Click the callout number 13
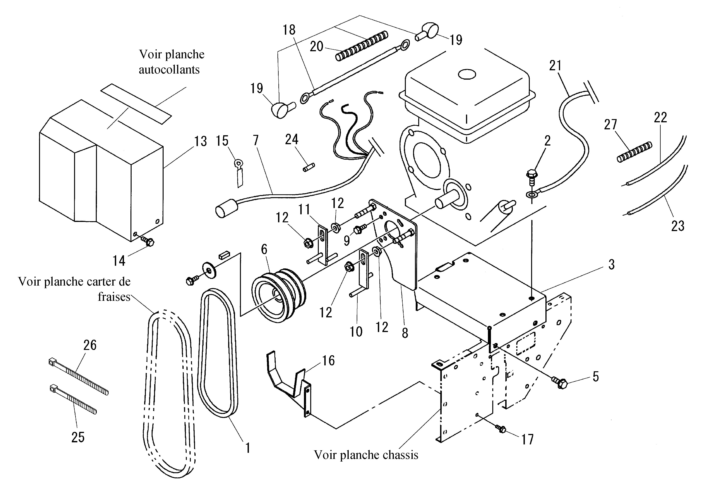201,142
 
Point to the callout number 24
291,139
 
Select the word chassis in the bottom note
399,455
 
